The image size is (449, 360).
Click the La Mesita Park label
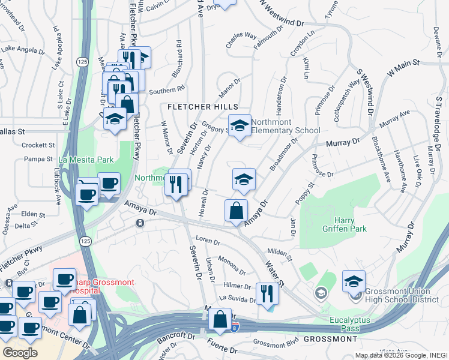86,160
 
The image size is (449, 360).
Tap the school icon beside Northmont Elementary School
240,127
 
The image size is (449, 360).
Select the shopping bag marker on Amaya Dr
237,211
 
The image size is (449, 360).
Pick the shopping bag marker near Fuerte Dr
220,319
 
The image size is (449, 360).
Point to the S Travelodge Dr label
439,123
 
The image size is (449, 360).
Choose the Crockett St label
38,145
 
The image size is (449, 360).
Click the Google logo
20,353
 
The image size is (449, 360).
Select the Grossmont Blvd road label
276,344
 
